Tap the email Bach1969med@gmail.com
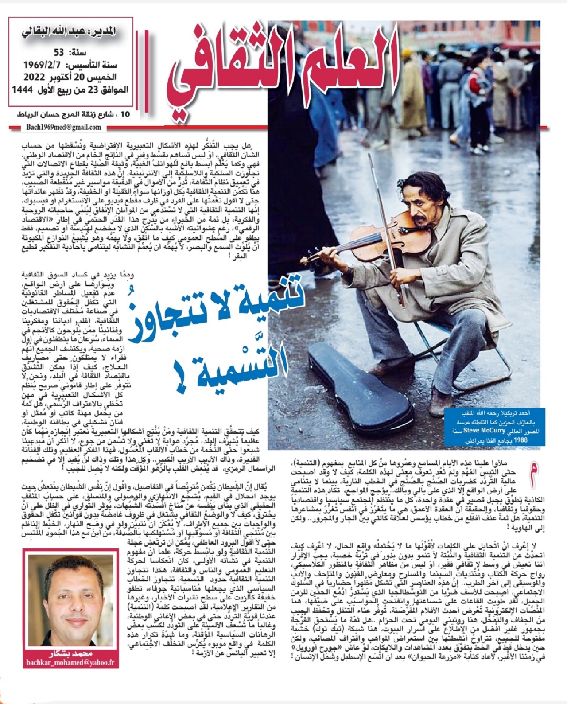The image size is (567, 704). pos(63,127)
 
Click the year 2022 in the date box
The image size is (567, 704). pos(31,77)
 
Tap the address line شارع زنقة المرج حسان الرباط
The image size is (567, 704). pos(71,114)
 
